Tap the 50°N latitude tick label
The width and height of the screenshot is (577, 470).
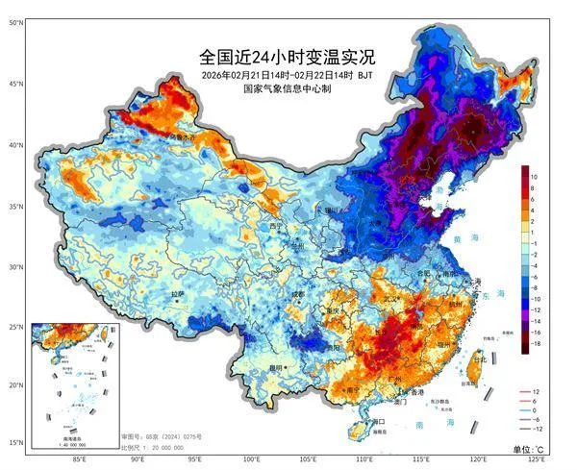coord(15,22)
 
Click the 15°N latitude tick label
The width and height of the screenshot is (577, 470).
coord(15,443)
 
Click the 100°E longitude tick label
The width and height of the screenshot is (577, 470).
coord(252,460)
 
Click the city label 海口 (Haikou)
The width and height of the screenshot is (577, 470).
coord(378,421)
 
